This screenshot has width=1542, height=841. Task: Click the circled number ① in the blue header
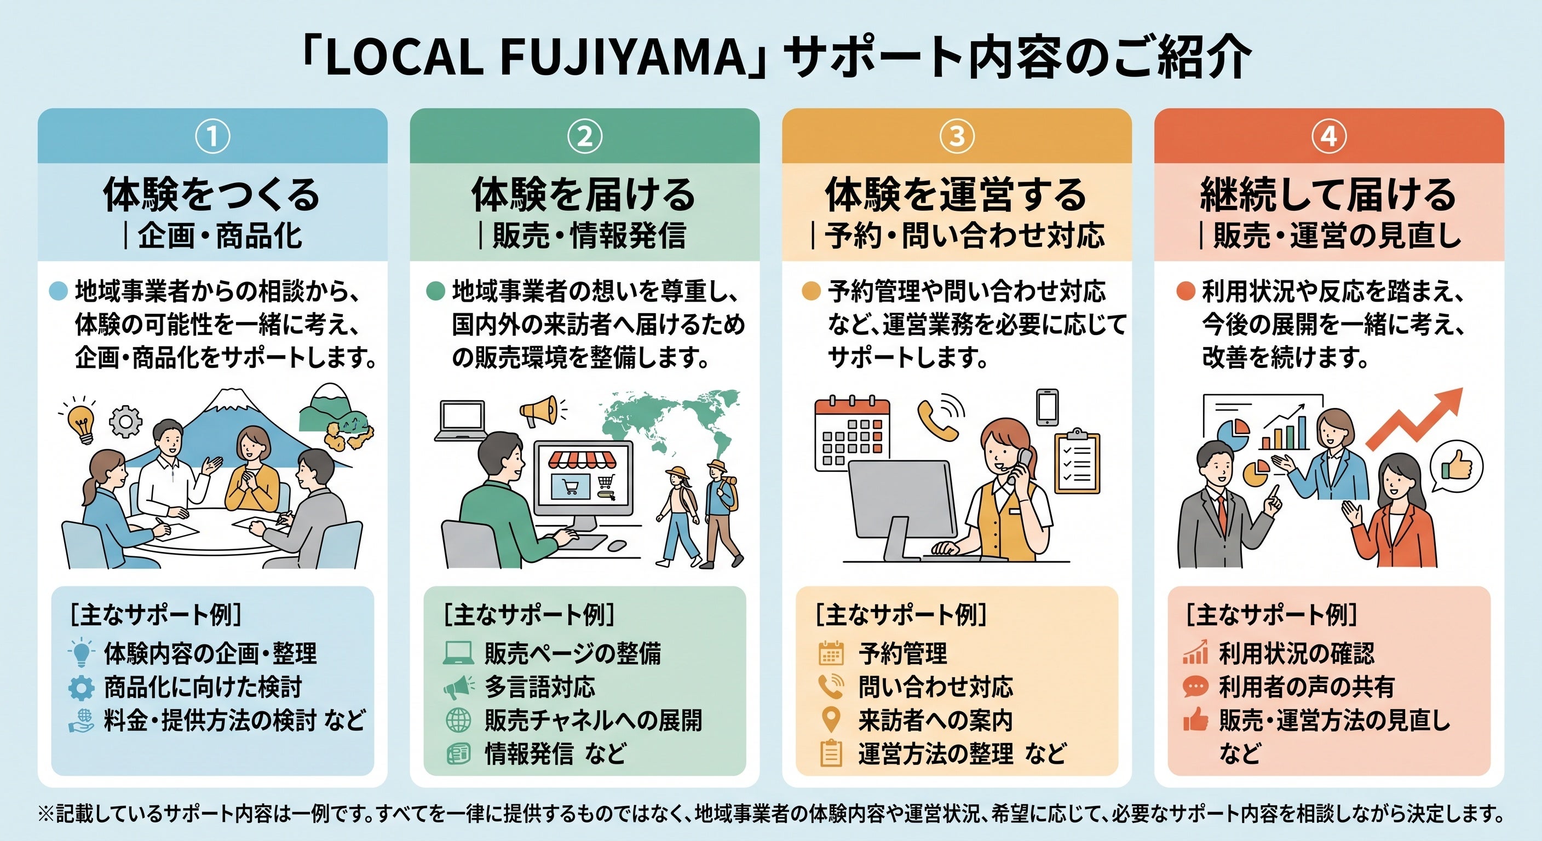[212, 136]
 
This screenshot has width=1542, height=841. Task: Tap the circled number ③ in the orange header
[957, 136]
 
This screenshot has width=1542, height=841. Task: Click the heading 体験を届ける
[584, 194]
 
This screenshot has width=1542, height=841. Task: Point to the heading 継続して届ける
[1329, 194]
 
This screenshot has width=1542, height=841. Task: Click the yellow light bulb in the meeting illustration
[82, 422]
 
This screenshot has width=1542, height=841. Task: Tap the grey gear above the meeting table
[126, 422]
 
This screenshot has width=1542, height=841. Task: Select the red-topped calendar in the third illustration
[853, 435]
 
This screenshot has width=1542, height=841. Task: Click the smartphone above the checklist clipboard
[1048, 407]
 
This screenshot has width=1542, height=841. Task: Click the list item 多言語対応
[540, 687]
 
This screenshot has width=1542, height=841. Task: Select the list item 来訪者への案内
[936, 721]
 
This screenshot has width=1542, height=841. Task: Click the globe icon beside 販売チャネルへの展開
[458, 721]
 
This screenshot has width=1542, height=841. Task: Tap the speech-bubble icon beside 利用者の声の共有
[1195, 687]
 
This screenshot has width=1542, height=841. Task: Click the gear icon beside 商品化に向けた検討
[82, 688]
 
